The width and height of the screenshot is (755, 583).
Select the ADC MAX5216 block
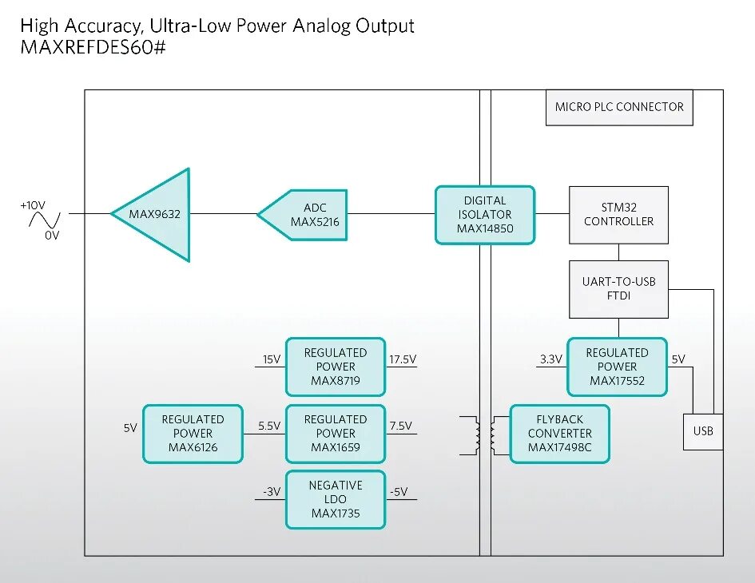pos(307,215)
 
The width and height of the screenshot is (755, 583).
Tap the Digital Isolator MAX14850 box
pos(485,215)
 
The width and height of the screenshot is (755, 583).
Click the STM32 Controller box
pos(618,215)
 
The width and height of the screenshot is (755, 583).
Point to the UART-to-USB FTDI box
pos(618,288)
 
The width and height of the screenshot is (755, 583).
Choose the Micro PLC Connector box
pos(619,107)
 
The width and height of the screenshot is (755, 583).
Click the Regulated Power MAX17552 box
pos(617,367)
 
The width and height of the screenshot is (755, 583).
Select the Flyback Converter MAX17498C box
pos(559,434)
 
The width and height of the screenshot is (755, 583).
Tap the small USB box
pos(703,431)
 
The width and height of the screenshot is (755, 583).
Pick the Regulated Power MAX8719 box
pos(336,367)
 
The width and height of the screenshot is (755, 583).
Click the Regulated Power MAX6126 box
pos(193,434)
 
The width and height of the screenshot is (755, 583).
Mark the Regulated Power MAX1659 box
pos(336,434)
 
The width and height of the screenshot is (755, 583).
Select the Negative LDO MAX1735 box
pos(336,499)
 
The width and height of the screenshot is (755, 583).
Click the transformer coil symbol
pos(485,434)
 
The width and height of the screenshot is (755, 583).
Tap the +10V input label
pos(34,204)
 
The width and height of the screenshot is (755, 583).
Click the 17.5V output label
pos(402,359)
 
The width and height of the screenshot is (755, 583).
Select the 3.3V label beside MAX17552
pos(550,359)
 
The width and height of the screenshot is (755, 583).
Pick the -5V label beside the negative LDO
pos(398,492)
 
